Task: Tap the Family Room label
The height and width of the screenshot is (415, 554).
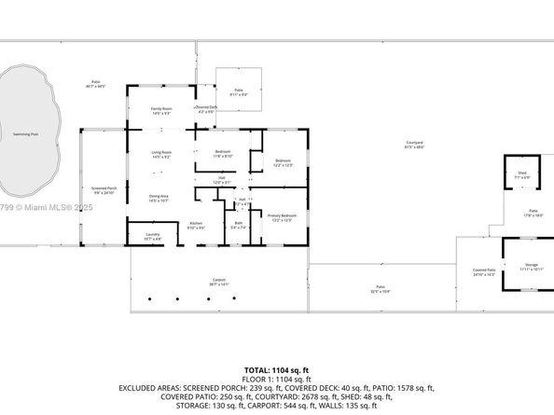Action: click(x=162, y=109)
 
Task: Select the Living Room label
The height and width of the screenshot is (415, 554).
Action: click(x=162, y=152)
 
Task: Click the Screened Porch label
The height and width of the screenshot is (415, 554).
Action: click(x=104, y=188)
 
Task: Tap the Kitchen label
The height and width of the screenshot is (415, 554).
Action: click(x=197, y=223)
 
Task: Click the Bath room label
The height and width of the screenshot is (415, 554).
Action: click(x=239, y=222)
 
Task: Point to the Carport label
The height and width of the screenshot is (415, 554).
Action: click(x=218, y=279)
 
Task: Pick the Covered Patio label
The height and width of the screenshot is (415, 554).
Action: click(x=484, y=270)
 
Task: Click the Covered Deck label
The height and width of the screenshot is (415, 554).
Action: click(x=206, y=107)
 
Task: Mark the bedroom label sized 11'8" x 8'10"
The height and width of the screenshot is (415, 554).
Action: click(x=223, y=152)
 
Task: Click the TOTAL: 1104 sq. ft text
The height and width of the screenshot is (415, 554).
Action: click(x=277, y=370)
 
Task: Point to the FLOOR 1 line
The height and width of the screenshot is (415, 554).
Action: click(x=277, y=379)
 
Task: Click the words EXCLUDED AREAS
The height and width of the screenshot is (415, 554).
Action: click(x=146, y=387)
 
